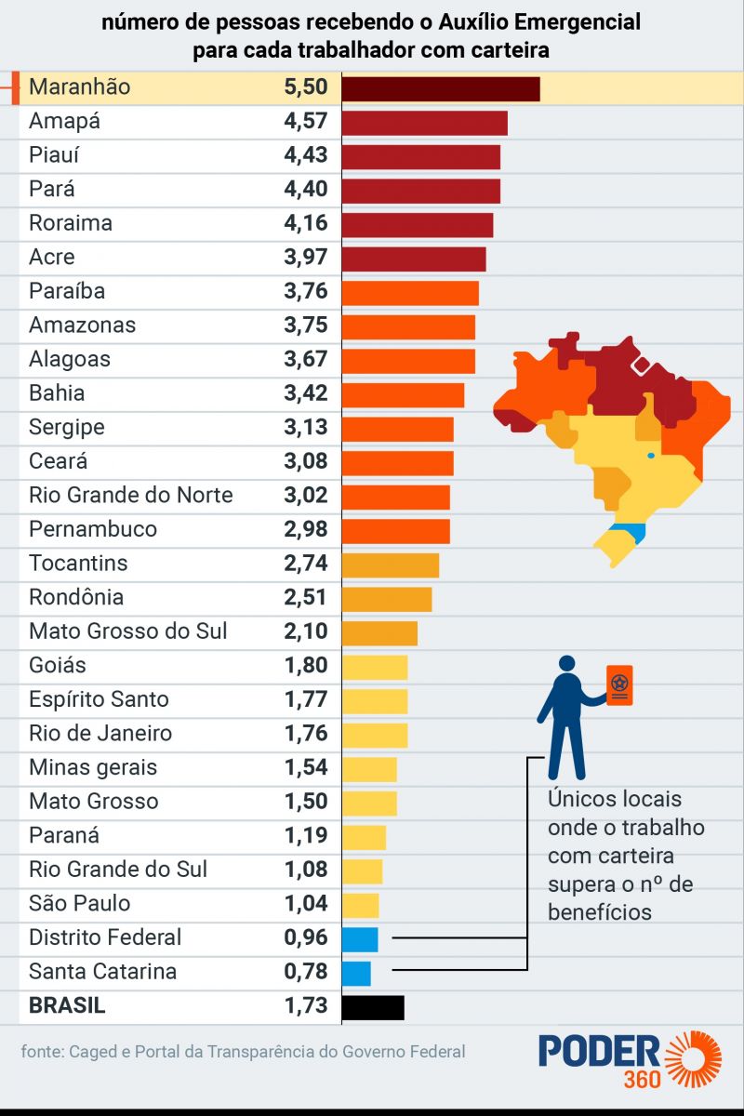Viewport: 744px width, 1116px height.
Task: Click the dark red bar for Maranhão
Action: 441,88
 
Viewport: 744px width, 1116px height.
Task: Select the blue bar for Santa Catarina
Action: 356,973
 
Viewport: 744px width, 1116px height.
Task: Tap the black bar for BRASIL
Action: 373,1007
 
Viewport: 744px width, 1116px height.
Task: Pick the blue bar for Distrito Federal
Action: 360,938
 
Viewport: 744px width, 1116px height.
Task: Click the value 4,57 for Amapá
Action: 306,121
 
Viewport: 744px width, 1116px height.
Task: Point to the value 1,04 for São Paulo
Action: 306,904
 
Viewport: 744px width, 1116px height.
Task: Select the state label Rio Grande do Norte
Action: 131,495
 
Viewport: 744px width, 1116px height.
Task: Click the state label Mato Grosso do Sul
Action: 128,631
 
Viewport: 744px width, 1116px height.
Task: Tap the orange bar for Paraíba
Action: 410,292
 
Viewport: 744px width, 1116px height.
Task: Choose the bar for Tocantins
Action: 391,565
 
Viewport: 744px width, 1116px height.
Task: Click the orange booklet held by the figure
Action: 619,685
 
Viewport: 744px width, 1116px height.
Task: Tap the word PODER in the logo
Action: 599,1051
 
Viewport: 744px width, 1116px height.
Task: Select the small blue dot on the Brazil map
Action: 650,455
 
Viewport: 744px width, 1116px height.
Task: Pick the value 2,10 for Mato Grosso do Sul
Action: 306,631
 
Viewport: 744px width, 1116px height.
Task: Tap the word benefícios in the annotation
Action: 600,911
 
